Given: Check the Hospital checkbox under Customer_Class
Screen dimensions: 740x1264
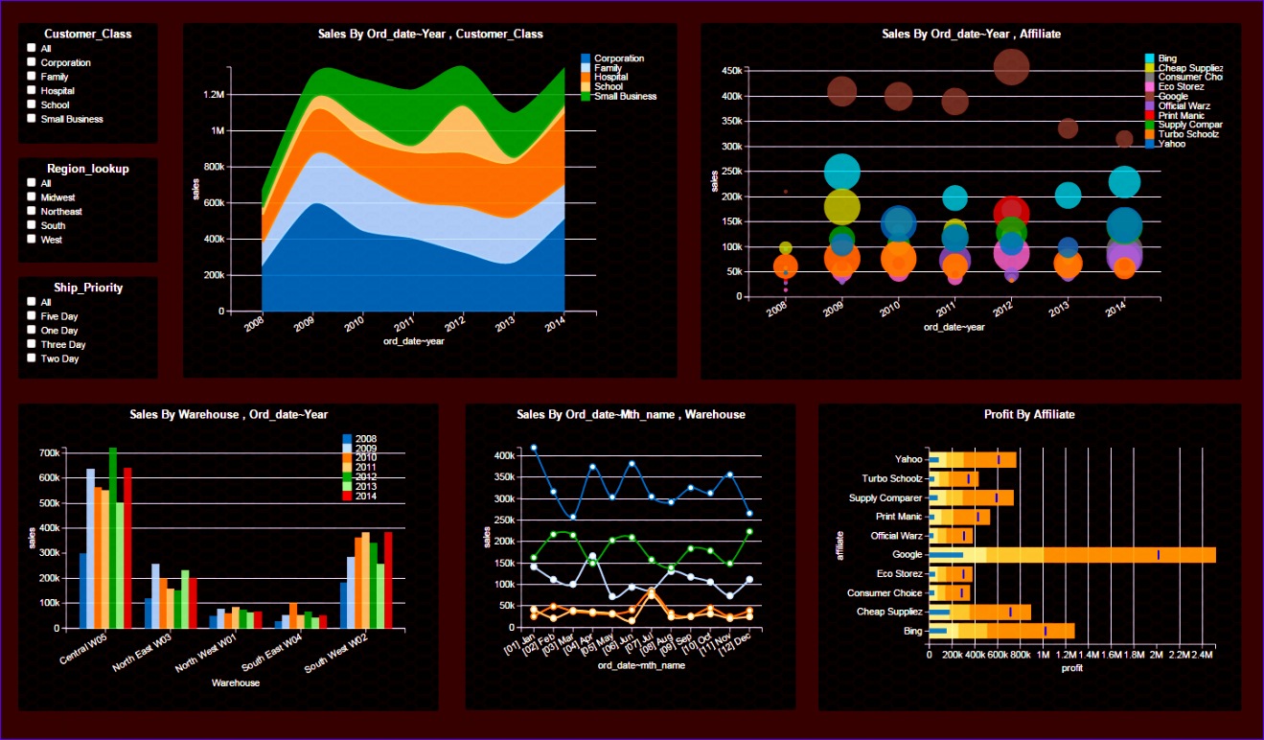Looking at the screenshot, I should (32, 90).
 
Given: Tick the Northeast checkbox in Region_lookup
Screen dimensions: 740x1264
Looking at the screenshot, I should (32, 211).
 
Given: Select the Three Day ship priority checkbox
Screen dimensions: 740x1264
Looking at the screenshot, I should (32, 344).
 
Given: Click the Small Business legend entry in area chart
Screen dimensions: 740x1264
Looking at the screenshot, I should (624, 96).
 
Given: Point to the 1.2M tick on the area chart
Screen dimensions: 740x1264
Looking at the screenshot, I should (213, 95).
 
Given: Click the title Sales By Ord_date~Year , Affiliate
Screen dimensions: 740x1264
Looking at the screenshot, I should (971, 34).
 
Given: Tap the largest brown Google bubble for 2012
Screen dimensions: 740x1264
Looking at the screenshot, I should (1011, 67).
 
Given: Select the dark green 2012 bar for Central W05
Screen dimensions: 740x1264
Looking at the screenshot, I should (112, 537).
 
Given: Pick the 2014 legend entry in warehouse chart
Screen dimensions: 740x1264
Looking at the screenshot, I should (365, 497).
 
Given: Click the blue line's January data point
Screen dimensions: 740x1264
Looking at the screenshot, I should (534, 448).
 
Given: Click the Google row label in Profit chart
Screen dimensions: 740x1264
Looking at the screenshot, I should (907, 554).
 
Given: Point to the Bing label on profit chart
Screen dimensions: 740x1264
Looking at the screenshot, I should (912, 631).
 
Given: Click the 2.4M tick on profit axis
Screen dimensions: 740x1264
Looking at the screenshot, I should (1203, 655).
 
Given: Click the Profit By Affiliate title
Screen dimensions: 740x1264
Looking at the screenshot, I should (1029, 414).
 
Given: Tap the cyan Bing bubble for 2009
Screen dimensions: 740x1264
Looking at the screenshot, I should (842, 173).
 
